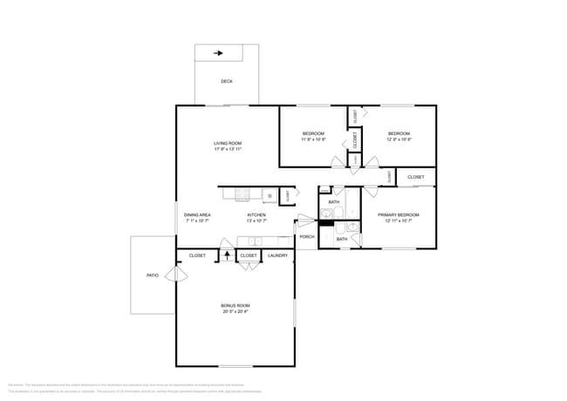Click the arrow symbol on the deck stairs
218,53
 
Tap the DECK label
226,81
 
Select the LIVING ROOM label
228,143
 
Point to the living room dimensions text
228,149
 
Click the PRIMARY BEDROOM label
398,214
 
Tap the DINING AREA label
197,214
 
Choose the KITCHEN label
256,214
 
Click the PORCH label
306,236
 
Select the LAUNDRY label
278,255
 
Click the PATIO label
153,275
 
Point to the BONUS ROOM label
236,305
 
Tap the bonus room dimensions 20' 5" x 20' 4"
236,311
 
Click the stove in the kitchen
270,195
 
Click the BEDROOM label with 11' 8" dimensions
313,133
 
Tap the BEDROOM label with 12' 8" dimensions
399,133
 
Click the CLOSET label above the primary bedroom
416,177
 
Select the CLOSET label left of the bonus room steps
197,255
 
